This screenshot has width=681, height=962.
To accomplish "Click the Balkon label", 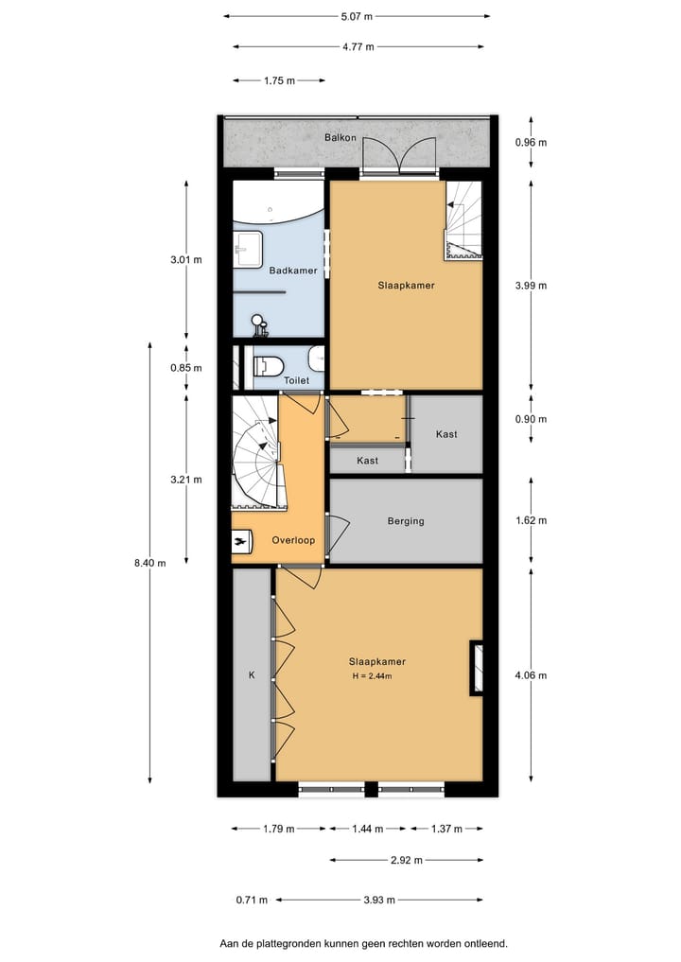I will (x=340, y=138).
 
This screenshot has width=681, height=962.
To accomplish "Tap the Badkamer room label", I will (x=293, y=271).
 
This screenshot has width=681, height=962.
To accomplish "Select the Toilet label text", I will (x=297, y=380).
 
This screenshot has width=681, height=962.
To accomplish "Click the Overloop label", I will (x=292, y=540).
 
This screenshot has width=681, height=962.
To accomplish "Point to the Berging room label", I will (x=406, y=521).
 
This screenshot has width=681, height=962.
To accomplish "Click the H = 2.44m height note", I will (x=371, y=676).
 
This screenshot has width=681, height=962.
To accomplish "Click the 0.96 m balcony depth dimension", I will (x=531, y=143).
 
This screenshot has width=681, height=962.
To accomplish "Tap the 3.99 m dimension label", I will (x=531, y=285).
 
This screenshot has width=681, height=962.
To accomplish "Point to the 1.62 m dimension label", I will (x=531, y=520).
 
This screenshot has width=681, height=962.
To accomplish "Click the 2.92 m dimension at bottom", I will (x=406, y=860).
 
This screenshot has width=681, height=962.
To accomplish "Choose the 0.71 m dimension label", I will (x=252, y=900).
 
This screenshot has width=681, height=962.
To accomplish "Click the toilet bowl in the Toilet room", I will (x=270, y=363).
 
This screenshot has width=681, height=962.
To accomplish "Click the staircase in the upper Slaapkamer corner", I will (x=463, y=219).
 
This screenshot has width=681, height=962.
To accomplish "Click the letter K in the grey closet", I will (x=252, y=675).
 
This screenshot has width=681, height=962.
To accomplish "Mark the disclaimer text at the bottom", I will (x=363, y=943).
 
